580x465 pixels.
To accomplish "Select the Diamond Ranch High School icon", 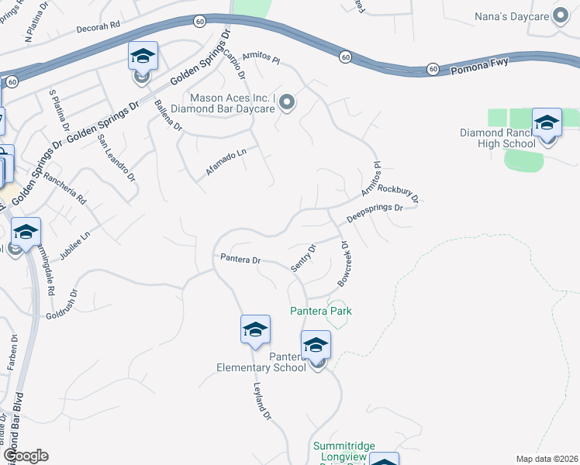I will pos(547,124).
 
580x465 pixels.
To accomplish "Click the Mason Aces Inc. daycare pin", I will pos(287,102).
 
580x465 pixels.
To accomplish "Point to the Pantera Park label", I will pos(321,311).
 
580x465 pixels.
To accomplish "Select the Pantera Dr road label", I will pos(240,259).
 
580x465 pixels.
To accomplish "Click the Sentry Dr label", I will pos(303,258).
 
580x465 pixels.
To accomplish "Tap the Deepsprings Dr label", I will pos(375,214).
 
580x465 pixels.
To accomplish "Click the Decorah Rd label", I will pos(98,25).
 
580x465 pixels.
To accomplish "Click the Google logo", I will pos(25,456).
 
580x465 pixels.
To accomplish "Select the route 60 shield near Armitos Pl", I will pos(345,57).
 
